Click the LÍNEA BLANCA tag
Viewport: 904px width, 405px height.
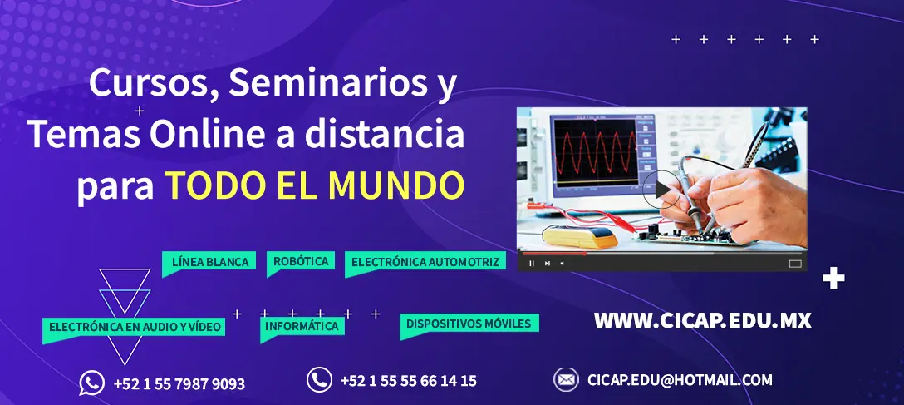coord(209,263)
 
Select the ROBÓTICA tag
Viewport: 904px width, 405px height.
coord(301,261)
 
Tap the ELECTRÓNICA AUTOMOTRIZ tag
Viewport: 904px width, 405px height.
coord(425,262)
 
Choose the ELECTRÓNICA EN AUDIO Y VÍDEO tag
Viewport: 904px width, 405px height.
coord(135,328)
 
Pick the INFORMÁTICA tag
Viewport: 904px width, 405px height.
coord(302,327)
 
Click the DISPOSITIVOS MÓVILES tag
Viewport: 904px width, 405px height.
coord(469,324)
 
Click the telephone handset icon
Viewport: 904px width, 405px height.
coord(319,379)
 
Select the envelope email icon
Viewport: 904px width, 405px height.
coord(566,379)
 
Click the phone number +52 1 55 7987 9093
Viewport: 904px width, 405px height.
coord(179,383)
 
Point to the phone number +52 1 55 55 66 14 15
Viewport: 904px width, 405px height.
coord(409,381)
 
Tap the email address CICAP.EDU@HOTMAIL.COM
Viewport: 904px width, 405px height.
coord(680,380)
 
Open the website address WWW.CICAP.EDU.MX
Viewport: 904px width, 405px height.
coord(702,321)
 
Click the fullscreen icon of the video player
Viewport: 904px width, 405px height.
coord(795,264)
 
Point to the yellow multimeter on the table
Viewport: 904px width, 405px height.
coord(580,236)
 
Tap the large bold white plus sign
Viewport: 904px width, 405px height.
coord(833,279)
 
